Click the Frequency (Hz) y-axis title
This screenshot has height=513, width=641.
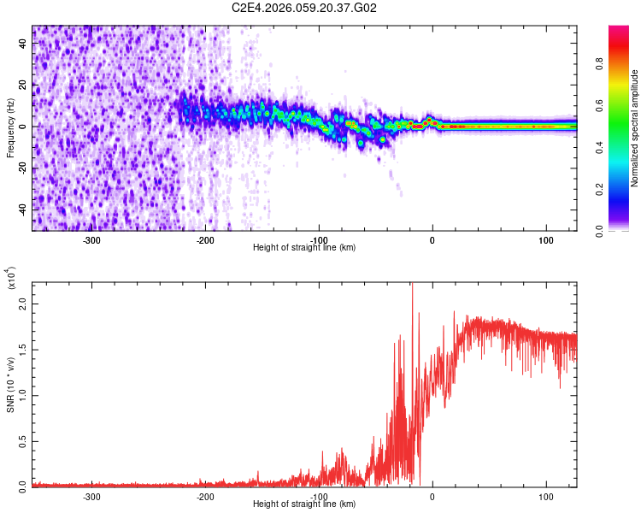coord(10,128)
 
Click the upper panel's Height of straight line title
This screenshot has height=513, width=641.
coord(304,248)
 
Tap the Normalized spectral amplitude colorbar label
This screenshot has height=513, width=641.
coord(634,128)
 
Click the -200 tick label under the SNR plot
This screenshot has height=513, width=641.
coord(205,496)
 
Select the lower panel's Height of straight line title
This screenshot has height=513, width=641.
coord(304,504)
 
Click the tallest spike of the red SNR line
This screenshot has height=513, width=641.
coord(412,285)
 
